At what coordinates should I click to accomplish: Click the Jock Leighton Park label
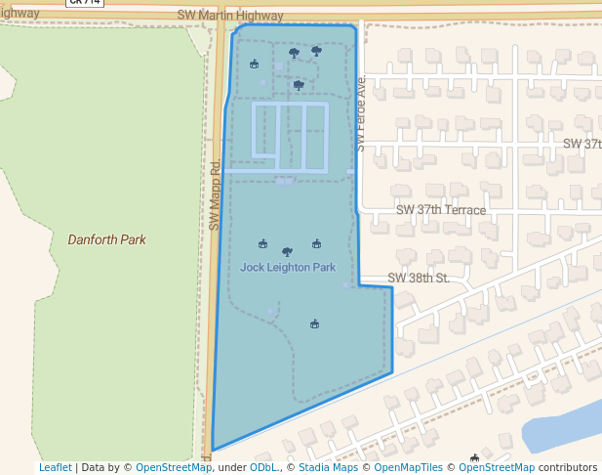coord(288,267)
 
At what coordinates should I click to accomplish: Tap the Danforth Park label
coord(106,238)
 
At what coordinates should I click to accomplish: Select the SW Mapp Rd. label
coord(215,195)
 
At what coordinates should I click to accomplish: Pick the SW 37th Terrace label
coord(440,210)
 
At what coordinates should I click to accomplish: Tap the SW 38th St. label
coord(418,279)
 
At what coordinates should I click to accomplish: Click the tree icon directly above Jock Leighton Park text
coord(287,252)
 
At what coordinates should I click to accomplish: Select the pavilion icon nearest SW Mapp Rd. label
coord(255,65)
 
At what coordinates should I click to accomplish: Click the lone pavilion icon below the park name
coord(314,324)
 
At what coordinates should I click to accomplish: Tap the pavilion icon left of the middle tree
coord(262,244)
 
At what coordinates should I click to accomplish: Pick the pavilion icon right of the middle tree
coord(316,244)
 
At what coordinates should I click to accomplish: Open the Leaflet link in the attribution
coord(55,467)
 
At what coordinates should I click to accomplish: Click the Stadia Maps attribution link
coord(328,467)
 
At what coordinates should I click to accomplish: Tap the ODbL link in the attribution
coord(263,467)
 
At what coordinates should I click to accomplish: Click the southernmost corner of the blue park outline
coord(213,451)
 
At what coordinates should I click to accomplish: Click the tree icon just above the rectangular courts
coord(299,85)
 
